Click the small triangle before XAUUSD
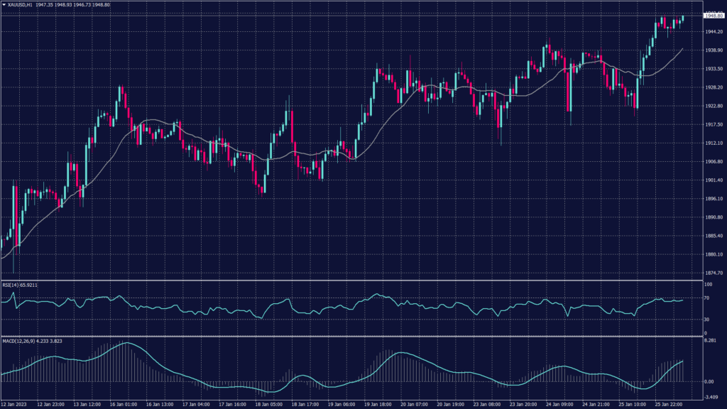point(3,4)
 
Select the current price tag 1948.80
point(713,15)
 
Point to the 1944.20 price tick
point(713,32)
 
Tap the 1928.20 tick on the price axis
point(713,87)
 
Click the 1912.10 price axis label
point(713,143)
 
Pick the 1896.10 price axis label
point(713,198)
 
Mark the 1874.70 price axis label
point(713,273)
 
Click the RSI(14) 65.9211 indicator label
point(19,285)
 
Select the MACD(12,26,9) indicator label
point(21,341)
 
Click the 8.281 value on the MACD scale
point(710,342)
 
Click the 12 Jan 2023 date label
point(14,405)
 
